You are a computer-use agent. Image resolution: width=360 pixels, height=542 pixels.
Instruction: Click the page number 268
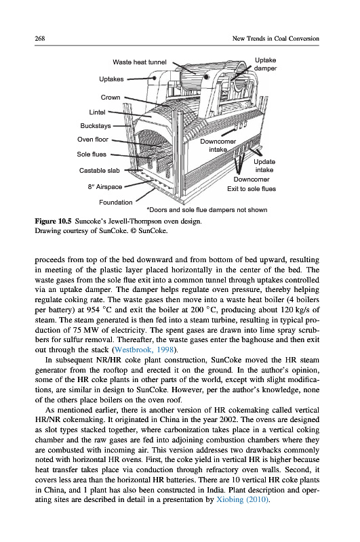[40, 39]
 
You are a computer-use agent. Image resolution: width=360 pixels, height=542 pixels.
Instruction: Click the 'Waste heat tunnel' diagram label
[140, 62]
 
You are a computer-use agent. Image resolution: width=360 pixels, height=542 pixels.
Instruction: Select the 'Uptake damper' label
[265, 64]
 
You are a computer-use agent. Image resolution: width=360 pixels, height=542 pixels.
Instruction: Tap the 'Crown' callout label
[111, 98]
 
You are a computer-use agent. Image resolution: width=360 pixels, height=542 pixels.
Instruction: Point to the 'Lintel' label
[97, 112]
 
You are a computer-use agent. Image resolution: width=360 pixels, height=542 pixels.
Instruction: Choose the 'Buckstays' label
[96, 126]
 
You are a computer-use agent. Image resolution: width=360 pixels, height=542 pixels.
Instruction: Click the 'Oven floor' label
[93, 140]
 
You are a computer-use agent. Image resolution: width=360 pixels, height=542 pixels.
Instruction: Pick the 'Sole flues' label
[92, 154]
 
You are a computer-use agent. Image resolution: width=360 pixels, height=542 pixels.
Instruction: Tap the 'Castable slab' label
[99, 171]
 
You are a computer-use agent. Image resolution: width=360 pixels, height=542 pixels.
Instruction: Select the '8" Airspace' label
[105, 187]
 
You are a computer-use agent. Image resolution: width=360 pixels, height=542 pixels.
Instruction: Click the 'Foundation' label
[115, 202]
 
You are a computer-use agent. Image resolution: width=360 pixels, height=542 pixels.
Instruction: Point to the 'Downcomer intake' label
[218, 146]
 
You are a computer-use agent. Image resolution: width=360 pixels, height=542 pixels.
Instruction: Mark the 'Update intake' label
[264, 165]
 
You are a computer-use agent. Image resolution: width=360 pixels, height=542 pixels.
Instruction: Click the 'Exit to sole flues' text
[252, 189]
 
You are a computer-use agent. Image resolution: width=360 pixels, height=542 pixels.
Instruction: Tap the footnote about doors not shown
[207, 210]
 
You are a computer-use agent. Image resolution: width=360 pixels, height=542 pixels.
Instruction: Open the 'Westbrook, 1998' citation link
[144, 350]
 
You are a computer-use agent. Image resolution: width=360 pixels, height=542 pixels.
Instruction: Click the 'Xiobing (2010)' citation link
[242, 499]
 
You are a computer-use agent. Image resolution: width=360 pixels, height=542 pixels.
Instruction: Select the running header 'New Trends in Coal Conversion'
[276, 39]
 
